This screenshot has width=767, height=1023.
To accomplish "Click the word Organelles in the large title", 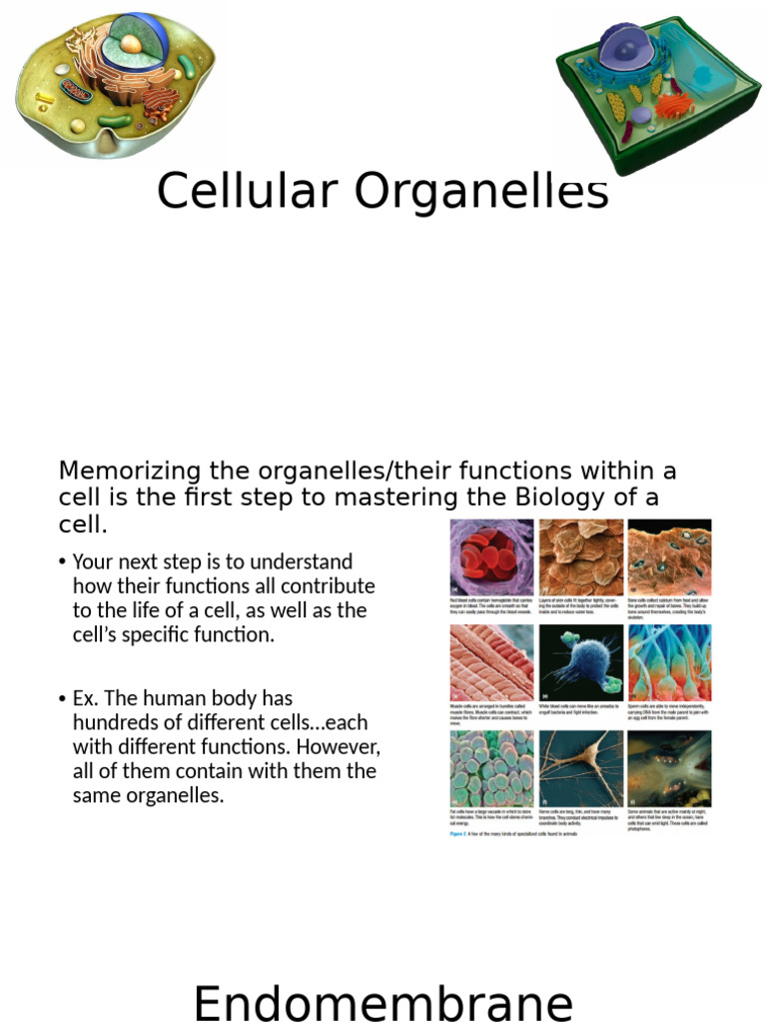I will click(x=472, y=193).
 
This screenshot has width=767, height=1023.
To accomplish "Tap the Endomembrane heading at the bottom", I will click(x=383, y=1003).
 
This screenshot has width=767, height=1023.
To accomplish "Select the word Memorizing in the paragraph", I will click(x=124, y=471).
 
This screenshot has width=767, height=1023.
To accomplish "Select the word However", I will click(x=337, y=746).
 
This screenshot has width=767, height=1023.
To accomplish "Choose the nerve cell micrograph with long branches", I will click(x=580, y=768).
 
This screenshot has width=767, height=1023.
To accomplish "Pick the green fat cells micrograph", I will click(x=491, y=768).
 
